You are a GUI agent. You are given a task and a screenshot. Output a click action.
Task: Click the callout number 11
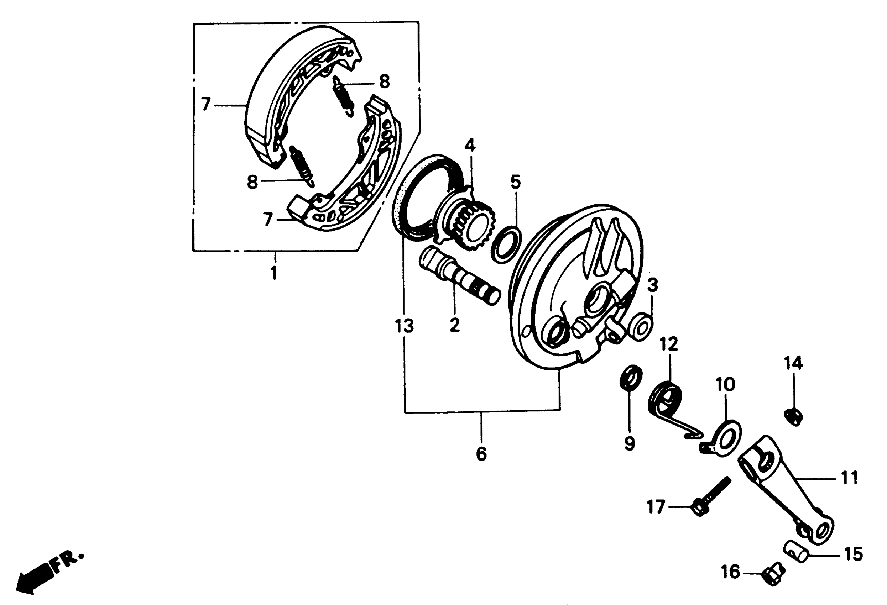pyautogui.click(x=849, y=478)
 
